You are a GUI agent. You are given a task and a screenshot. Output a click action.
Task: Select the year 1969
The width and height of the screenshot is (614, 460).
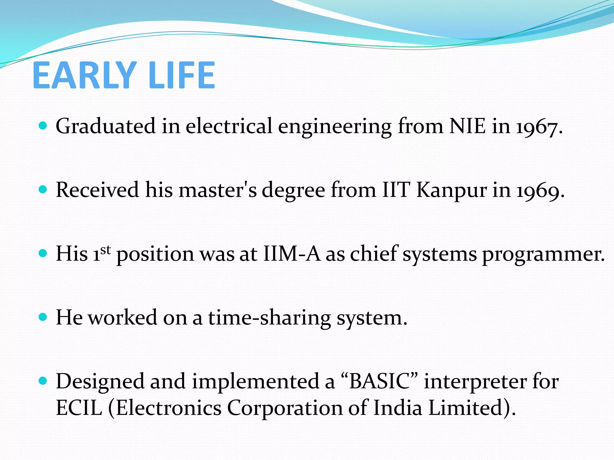[540, 191]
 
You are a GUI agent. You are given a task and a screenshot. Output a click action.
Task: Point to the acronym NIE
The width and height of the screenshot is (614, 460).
[467, 126]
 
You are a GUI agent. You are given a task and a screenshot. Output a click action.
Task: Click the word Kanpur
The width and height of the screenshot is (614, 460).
[452, 191]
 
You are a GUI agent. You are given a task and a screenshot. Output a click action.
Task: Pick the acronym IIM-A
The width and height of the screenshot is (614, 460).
[292, 254]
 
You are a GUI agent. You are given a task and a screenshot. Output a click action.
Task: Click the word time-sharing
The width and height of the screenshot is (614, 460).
[270, 318]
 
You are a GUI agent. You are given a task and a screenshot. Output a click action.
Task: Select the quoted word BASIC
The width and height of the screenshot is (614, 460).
[380, 381]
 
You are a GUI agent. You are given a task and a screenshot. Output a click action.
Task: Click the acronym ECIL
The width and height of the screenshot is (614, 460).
[79, 408]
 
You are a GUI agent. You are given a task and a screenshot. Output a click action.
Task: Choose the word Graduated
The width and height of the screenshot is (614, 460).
[106, 126]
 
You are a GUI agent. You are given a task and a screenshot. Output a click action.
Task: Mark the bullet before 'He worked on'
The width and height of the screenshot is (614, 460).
[43, 317]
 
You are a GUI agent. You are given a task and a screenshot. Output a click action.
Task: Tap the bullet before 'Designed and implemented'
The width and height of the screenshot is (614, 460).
[43, 381]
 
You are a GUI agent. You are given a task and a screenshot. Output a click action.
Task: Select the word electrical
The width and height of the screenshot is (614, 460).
[229, 126]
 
